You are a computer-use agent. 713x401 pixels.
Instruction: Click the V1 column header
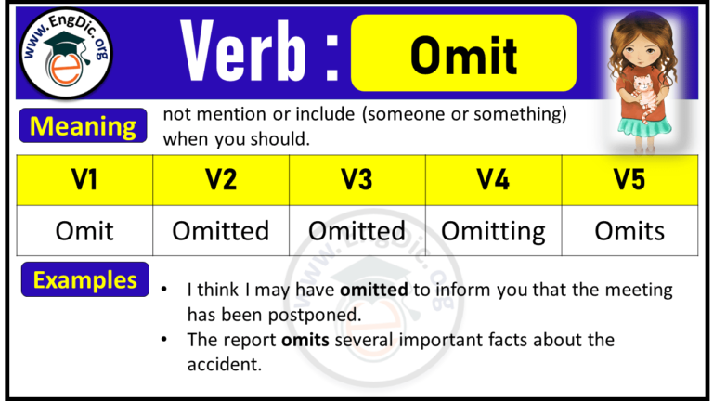84,180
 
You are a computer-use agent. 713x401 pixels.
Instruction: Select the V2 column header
221,180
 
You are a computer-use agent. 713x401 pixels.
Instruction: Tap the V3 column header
357,180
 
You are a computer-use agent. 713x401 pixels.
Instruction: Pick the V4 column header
493,180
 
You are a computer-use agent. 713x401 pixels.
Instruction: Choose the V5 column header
629,180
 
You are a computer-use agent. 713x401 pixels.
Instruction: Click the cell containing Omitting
493,230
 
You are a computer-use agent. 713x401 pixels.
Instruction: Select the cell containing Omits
629,230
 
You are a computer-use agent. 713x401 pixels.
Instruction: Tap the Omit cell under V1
84,230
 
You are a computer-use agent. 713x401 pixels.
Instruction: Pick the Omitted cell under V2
221,230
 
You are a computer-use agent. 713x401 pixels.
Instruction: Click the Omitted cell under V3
357,230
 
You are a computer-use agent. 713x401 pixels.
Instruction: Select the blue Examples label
85,279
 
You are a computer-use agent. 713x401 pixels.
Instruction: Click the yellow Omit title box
463,54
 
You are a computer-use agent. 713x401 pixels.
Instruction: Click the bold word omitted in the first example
375,290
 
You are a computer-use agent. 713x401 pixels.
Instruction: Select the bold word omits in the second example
304,340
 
